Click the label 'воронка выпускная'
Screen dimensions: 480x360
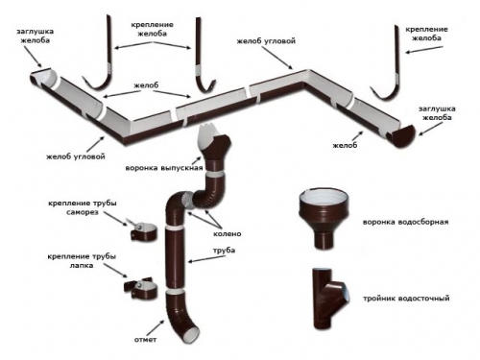pos(164,168)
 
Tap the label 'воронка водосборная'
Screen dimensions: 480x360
pos(405,222)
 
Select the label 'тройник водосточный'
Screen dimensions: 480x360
pos(406,299)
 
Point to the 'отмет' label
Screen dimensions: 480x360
pos(145,340)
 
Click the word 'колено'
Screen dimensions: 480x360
pos(228,233)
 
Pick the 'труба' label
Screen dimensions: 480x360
pos(224,251)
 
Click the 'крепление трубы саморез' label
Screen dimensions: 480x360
pos(83,207)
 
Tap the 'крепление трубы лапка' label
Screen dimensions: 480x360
pos(82,261)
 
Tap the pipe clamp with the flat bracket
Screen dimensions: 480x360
pos(141,287)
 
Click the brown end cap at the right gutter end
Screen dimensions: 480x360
pos(401,136)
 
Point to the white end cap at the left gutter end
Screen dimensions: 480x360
pos(44,78)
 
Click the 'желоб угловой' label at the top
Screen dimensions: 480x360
pos(266,41)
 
